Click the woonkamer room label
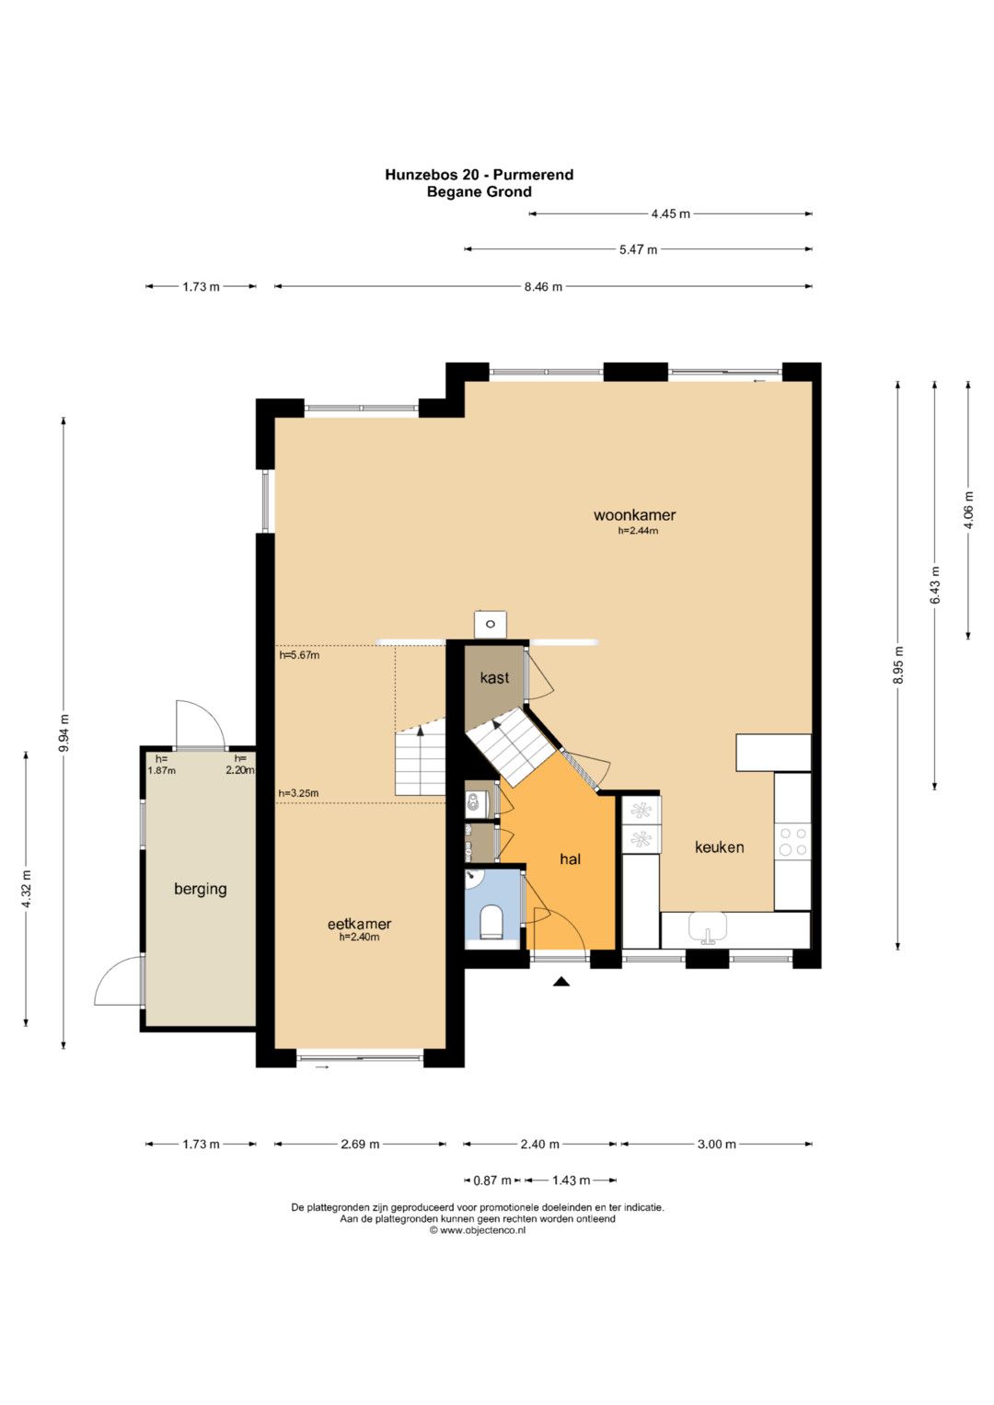[x=634, y=515]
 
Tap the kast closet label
[x=494, y=677]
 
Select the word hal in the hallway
[x=570, y=859]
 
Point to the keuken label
[x=719, y=847]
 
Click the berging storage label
[x=201, y=890]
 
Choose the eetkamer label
[x=359, y=924]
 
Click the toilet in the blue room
[x=491, y=922]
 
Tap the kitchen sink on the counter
[x=708, y=928]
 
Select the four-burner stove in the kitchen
[x=792, y=842]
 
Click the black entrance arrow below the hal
[x=561, y=983]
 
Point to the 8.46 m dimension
[x=543, y=287]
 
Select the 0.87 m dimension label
[x=492, y=1180]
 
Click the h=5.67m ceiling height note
[x=299, y=655]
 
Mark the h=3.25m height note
[x=298, y=793]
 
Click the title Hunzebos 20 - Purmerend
[x=480, y=175]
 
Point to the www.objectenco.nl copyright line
[x=478, y=1230]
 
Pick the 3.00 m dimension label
[x=717, y=1144]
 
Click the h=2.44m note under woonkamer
[x=638, y=531]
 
